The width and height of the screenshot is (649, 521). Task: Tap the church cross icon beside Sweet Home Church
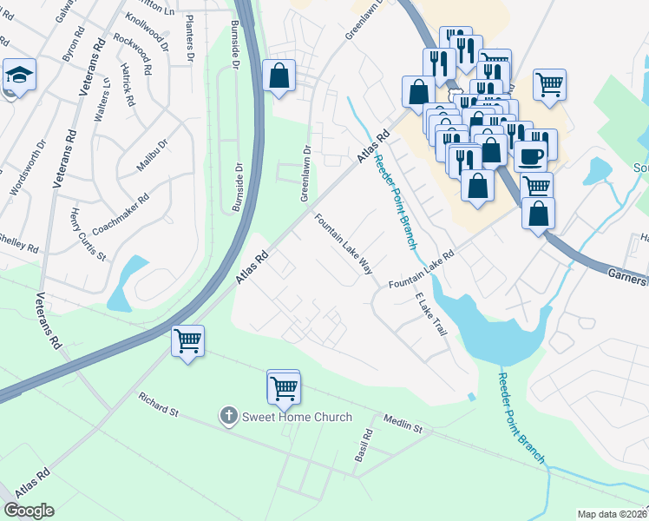pos(229,416)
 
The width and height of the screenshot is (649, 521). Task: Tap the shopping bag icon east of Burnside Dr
pos(279,76)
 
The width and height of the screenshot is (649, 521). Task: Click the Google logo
pos(29,511)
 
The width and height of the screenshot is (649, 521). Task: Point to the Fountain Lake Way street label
pos(343,244)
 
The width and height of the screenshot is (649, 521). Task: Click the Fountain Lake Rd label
pos(422,273)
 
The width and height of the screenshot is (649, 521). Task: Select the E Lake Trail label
pos(430,314)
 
